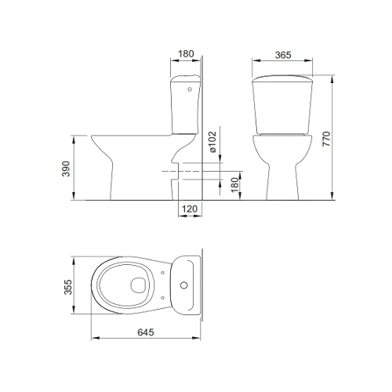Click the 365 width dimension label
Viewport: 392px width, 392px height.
pyautogui.click(x=283, y=55)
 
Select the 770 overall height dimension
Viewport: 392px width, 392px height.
pyautogui.click(x=326, y=139)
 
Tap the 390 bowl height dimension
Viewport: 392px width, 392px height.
pyautogui.click(x=66, y=169)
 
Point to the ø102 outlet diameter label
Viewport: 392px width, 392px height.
pyautogui.click(x=212, y=142)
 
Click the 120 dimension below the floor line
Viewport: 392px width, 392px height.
pyautogui.click(x=190, y=209)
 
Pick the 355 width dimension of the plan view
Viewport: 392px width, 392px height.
pyautogui.click(x=68, y=287)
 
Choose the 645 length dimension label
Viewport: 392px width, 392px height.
pyautogui.click(x=146, y=332)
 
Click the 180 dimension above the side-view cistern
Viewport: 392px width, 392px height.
pyautogui.click(x=186, y=54)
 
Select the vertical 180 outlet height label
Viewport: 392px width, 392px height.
pyautogui.click(x=235, y=185)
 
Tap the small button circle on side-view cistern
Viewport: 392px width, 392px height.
pyautogui.click(x=190, y=89)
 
